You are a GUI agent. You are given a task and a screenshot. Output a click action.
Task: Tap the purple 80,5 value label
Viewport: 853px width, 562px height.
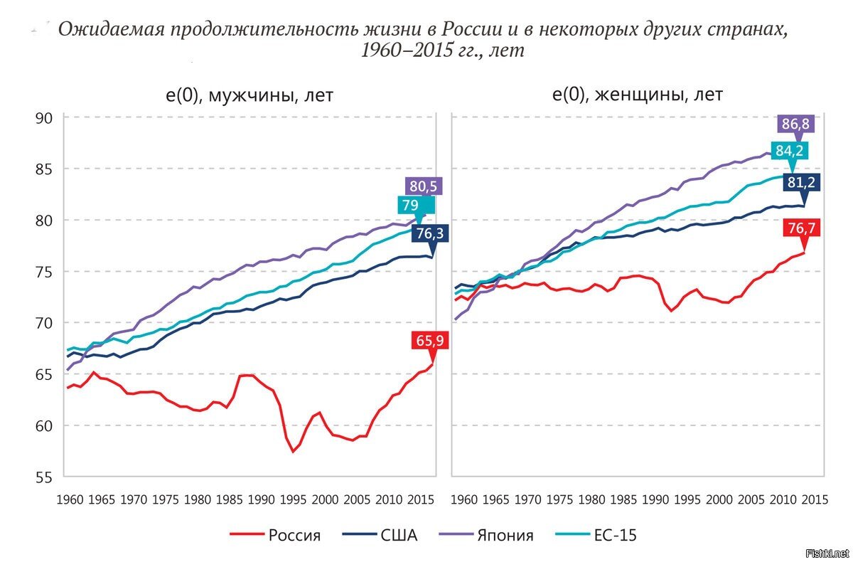424,186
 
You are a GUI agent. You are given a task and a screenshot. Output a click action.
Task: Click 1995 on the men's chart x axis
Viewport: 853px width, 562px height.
293,499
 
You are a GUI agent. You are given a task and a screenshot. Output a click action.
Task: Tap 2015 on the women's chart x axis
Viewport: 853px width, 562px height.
814,499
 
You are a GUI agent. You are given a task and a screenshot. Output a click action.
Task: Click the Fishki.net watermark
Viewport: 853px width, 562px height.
827,552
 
